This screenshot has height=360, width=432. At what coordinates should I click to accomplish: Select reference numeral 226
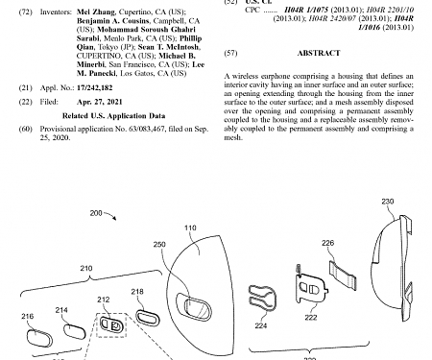click(x=327, y=244)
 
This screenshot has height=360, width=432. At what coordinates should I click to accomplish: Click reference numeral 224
click(x=262, y=325)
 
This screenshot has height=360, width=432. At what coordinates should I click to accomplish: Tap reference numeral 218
click(x=136, y=291)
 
